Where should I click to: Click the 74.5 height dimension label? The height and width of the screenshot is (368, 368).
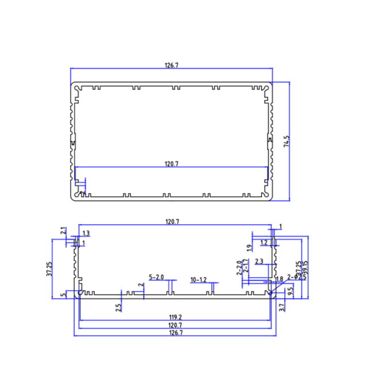(286, 141)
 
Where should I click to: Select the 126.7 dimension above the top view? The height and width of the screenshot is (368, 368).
(171, 66)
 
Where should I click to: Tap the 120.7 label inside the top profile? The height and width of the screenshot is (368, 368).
(171, 164)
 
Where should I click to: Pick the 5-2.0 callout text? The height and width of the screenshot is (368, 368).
(156, 277)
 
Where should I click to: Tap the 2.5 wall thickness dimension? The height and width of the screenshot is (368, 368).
(118, 307)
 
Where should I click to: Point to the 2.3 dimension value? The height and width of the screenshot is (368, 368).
(259, 262)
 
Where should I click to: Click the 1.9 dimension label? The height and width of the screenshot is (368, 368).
(249, 248)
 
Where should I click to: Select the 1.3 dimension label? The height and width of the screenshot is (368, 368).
(86, 233)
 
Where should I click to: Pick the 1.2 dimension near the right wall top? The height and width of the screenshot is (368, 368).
(263, 243)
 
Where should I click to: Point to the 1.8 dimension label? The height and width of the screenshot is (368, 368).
(279, 279)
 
